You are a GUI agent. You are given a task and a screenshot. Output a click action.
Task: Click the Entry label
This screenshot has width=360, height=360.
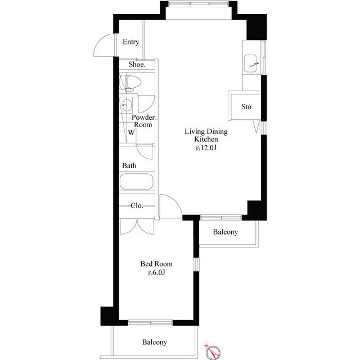tap(130, 42)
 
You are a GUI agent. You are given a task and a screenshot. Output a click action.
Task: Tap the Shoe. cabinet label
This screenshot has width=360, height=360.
tap(137, 65)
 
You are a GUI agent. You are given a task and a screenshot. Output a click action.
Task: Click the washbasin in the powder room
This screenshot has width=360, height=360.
tap(127, 105)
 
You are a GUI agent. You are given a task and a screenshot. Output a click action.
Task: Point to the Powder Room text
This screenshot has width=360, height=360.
tap(143, 121)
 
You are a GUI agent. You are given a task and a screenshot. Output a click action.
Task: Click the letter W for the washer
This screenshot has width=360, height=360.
tap(130, 133)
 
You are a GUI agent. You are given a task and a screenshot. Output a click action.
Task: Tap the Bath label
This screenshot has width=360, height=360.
tap(129, 166)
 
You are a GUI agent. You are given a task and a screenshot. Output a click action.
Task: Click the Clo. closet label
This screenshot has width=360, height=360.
tap(137, 205)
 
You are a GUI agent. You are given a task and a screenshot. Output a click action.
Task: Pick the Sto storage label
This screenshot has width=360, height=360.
tap(246, 106)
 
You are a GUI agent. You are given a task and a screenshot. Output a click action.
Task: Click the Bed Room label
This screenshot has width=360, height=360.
tap(156, 264)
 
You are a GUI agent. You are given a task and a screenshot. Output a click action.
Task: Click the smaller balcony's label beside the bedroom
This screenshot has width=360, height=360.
tap(225, 232)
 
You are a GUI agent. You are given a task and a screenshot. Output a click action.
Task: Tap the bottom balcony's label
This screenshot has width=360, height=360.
tap(154, 342)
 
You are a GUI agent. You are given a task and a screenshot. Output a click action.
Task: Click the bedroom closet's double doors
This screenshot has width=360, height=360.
tap(137, 225)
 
